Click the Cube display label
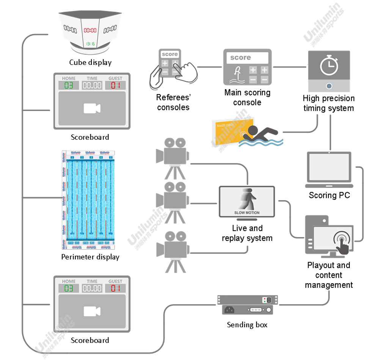coord(90,62)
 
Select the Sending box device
coord(247,305)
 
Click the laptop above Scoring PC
coord(329,170)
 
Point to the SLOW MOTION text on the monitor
coord(247,213)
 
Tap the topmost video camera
coord(172,156)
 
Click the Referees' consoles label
coord(173,103)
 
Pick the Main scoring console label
coord(247,97)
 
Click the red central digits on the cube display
coord(90,30)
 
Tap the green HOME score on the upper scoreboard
coord(69,85)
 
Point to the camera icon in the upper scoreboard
coord(92,108)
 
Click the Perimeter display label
coord(90,257)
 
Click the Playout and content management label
coord(329,275)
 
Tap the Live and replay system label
coord(247,233)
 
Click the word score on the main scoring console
coord(241,58)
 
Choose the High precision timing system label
coord(329,103)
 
